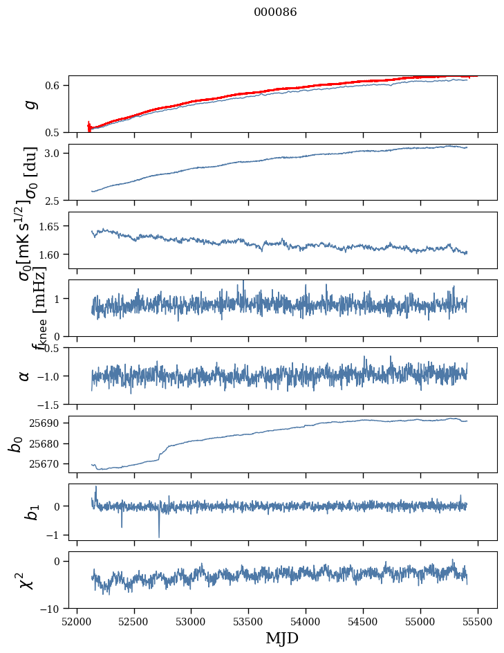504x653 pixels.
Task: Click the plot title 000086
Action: pos(275,12)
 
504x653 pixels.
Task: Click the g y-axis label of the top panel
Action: pos(30,104)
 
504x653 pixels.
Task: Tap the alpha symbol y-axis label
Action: pos(24,375)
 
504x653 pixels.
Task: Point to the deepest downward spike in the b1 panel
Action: pos(159,537)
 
